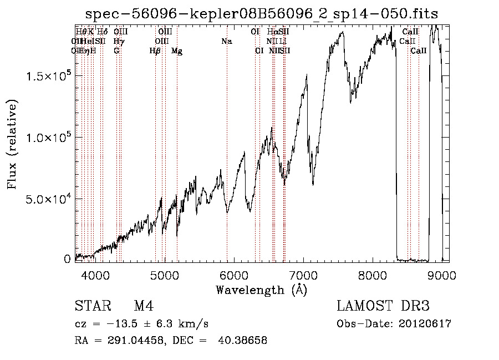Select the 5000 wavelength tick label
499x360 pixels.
[164, 275]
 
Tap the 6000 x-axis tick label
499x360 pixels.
[234, 275]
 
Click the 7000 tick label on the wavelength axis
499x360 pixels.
[304, 275]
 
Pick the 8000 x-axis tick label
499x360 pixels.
[373, 275]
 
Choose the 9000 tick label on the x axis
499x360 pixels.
[442, 275]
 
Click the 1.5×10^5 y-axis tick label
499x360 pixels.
[48, 75]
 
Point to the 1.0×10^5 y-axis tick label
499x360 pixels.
[48, 137]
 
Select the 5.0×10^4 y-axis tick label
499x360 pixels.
[48, 199]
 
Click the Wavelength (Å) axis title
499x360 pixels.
[261, 290]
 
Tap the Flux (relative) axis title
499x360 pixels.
[12, 144]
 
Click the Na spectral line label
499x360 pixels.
[226, 42]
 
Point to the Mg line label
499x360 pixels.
[177, 51]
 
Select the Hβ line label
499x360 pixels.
[155, 51]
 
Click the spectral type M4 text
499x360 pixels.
[144, 306]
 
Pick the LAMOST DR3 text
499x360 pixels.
[383, 306]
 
